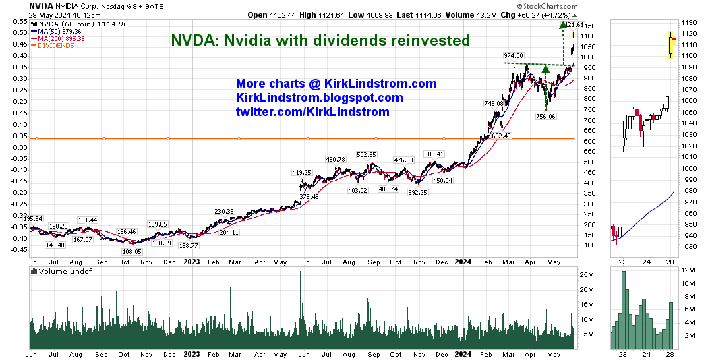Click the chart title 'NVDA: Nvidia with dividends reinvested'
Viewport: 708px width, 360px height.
[320, 40]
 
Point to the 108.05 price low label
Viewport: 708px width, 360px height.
[131, 251]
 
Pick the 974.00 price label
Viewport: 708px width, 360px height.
[513, 56]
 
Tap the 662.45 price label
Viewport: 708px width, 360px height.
[501, 136]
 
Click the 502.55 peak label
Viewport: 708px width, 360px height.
[366, 155]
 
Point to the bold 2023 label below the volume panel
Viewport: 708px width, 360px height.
[191, 354]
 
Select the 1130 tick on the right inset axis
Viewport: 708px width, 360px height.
[688, 22]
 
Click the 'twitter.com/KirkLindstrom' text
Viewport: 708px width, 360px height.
[312, 112]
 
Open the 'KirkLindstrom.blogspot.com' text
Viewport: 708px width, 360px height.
[320, 98]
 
